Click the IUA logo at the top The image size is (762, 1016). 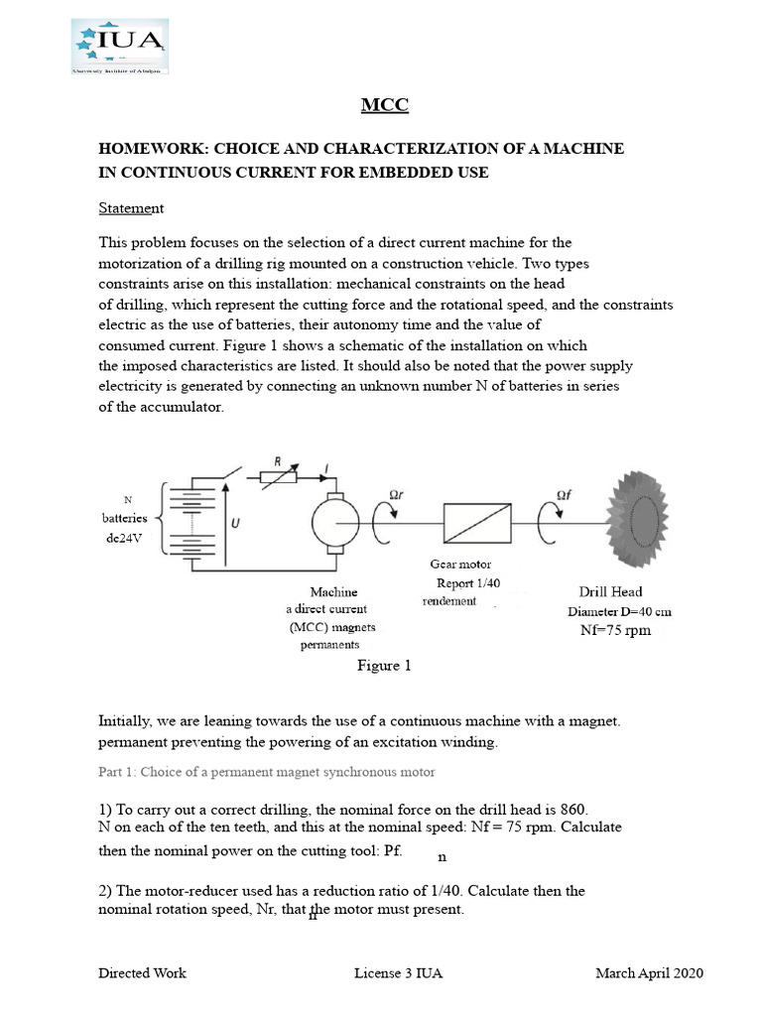(x=119, y=45)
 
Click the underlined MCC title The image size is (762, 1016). (x=384, y=105)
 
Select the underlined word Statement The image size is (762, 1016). (x=131, y=208)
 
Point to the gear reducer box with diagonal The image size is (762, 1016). (x=477, y=520)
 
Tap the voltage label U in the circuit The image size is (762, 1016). (x=234, y=522)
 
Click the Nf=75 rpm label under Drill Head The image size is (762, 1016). (x=615, y=631)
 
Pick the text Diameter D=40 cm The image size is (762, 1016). (x=619, y=612)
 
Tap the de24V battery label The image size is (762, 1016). (x=125, y=536)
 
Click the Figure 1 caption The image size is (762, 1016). (x=384, y=666)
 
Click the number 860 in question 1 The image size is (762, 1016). (x=581, y=809)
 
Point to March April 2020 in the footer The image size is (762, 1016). (x=649, y=973)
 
